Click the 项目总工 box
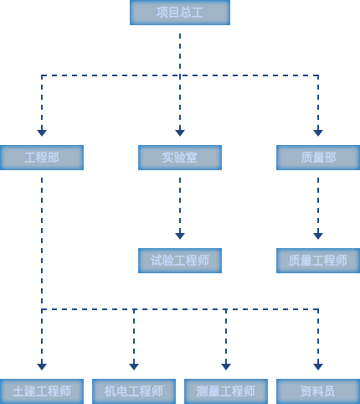click(180, 13)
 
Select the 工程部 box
click(42, 158)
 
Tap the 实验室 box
click(180, 158)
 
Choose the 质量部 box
click(318, 158)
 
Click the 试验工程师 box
click(180, 261)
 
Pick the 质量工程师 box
click(318, 261)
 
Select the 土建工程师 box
click(42, 391)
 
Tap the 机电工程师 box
click(134, 391)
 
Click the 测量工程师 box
click(226, 391)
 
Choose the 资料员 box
click(318, 391)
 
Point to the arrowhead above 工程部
click(42, 132)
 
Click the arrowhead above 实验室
click(180, 132)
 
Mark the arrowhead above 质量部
click(318, 132)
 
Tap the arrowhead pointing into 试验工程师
click(180, 236)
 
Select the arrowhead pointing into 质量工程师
click(318, 236)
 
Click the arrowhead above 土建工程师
click(42, 366)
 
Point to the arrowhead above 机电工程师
click(134, 366)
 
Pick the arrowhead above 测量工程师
click(226, 366)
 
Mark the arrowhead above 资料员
click(318, 366)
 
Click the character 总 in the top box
click(186, 13)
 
